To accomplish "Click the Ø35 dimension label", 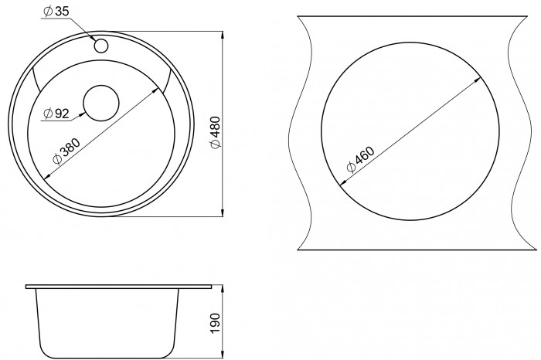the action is point(56,12).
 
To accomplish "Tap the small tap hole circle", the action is point(101,46).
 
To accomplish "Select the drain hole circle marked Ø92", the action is point(101,103).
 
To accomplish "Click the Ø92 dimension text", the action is point(56,113).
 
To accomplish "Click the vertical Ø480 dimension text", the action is point(216,133).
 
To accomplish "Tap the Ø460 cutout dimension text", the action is point(360,159).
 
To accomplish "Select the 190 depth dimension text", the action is point(215,323).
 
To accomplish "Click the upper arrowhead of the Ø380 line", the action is point(157,90).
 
